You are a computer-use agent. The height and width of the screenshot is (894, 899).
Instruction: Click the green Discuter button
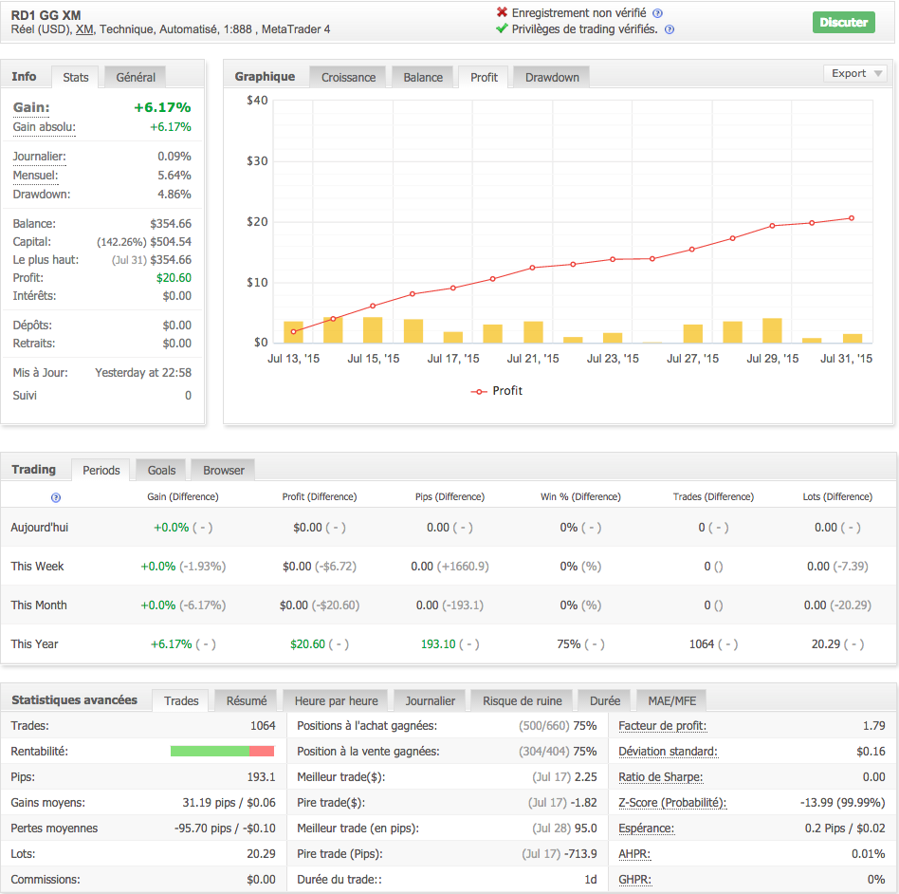click(x=843, y=22)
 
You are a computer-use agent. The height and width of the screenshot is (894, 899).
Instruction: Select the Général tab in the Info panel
click(x=136, y=77)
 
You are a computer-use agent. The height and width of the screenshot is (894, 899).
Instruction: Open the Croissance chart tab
click(x=348, y=77)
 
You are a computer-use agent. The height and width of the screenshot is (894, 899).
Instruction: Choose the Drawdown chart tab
click(x=552, y=77)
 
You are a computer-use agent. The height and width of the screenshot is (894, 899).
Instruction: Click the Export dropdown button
click(x=854, y=73)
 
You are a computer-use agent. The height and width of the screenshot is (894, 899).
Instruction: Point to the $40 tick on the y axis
click(x=257, y=101)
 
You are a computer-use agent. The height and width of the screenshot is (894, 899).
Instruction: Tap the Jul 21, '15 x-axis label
click(x=533, y=359)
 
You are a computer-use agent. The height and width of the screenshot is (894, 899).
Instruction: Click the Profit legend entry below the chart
click(x=496, y=391)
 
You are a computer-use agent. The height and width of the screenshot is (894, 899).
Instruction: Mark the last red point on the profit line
click(x=852, y=218)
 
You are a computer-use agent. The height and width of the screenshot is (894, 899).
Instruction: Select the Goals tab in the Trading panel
click(x=161, y=470)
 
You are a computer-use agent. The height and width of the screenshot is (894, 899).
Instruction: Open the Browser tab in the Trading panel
click(x=224, y=470)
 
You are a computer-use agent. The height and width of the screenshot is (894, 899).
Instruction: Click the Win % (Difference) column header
click(x=580, y=496)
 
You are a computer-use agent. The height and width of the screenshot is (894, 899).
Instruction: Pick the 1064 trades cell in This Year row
click(x=702, y=643)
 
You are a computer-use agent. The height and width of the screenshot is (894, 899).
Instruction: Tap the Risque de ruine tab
click(x=522, y=701)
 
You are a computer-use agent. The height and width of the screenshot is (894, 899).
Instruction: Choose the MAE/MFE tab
click(x=671, y=701)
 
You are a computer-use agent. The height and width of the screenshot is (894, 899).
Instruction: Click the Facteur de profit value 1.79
click(x=874, y=726)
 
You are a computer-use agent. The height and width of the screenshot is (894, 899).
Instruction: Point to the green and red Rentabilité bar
click(x=222, y=752)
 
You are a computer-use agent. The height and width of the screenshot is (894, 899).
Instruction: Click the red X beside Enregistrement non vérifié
click(x=502, y=12)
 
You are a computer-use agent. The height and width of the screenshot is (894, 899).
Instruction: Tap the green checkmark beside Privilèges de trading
click(x=502, y=29)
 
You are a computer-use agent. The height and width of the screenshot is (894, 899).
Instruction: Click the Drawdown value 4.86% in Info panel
click(x=174, y=195)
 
